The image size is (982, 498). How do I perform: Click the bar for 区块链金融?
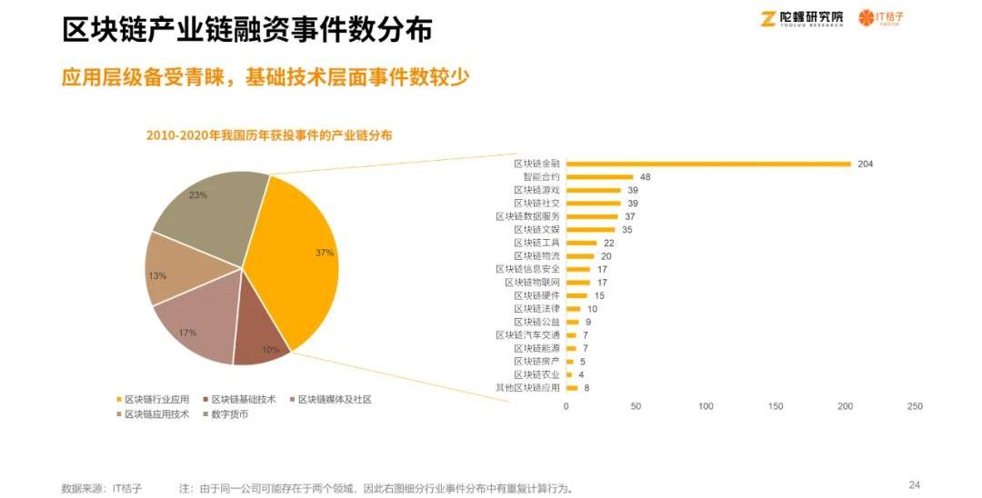click(708, 164)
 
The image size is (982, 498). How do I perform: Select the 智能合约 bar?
click(599, 177)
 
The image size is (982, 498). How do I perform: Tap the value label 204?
click(865, 164)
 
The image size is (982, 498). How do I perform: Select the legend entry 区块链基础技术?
click(245, 399)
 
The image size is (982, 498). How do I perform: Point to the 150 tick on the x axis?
click(775, 405)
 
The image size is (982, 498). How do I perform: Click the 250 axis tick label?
click(915, 405)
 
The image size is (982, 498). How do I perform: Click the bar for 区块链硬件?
click(576, 295)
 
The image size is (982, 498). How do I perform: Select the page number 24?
click(915, 484)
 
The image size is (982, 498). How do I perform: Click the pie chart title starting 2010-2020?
click(269, 134)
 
